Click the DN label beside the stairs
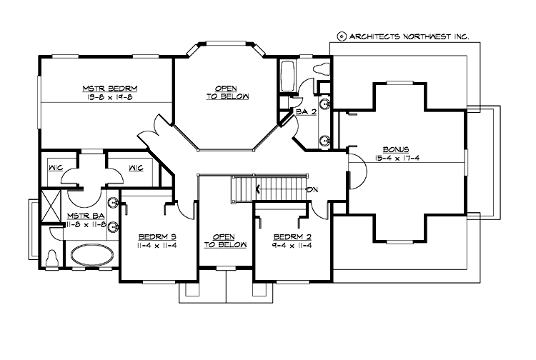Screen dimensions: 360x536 point(312,189)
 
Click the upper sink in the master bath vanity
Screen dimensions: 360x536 point(113,204)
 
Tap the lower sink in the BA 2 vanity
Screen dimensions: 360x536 point(324,139)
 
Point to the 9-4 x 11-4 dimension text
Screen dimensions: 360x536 point(292,245)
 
